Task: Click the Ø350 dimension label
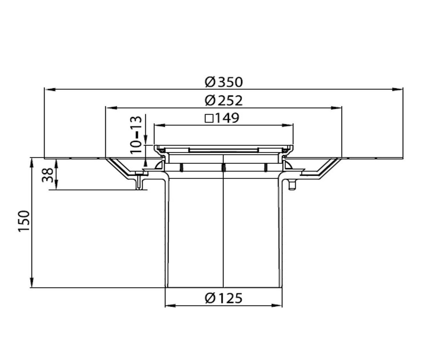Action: [x=224, y=82]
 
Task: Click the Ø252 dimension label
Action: [x=224, y=100]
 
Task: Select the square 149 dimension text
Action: [x=222, y=118]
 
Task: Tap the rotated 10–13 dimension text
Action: [x=136, y=135]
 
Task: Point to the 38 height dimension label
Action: [x=48, y=175]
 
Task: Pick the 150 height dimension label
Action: [x=24, y=221]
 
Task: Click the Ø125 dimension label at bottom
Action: [x=224, y=298]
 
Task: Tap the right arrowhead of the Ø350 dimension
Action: [x=397, y=89]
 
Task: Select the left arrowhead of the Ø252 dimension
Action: [x=112, y=108]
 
